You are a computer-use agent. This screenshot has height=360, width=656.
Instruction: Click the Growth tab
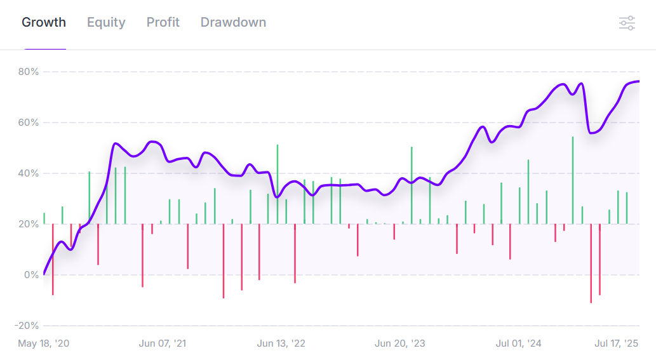[44, 23]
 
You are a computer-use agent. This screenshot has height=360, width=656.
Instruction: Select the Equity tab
[106, 23]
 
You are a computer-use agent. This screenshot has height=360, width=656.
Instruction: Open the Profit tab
[163, 23]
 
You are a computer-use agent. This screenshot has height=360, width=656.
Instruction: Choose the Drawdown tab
[233, 23]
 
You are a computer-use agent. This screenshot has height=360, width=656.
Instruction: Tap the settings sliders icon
[627, 23]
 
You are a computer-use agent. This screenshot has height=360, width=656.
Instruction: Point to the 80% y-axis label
[29, 72]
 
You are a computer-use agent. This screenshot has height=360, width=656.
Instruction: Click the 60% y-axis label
[29, 123]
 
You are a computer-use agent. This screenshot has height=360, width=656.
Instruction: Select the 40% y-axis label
[29, 173]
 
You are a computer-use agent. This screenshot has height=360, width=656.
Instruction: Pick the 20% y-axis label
[29, 224]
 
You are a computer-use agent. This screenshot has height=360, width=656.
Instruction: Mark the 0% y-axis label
[31, 275]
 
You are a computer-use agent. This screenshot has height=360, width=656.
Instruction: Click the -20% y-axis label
[27, 326]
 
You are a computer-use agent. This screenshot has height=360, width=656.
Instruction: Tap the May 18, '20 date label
[44, 343]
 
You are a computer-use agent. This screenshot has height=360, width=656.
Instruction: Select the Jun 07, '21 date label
[163, 343]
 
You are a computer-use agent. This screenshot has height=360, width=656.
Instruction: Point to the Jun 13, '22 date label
[281, 343]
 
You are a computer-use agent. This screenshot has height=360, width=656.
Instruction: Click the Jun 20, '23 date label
[400, 343]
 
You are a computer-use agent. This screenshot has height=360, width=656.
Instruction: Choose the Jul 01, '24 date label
[519, 343]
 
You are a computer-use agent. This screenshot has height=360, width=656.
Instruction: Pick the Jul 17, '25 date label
[616, 343]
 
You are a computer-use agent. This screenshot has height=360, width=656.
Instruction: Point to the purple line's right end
[638, 81]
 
